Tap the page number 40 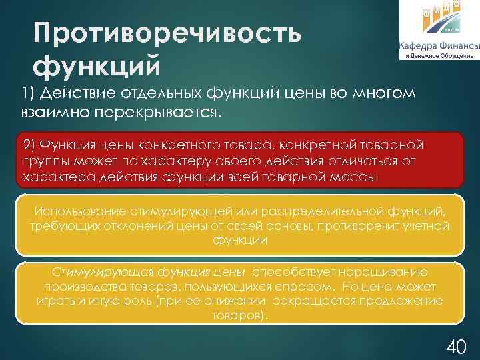[x=455, y=346]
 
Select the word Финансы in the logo [x=460, y=46]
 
